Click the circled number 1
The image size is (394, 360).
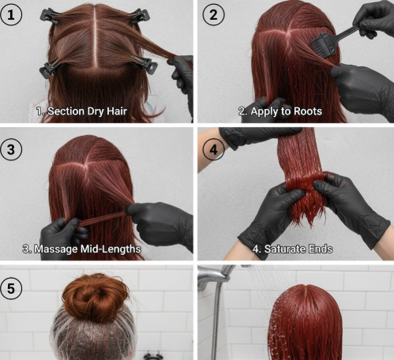point(13,13)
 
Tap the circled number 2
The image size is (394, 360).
point(213,14)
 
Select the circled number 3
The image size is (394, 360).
point(13,148)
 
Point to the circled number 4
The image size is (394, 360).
point(213,148)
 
